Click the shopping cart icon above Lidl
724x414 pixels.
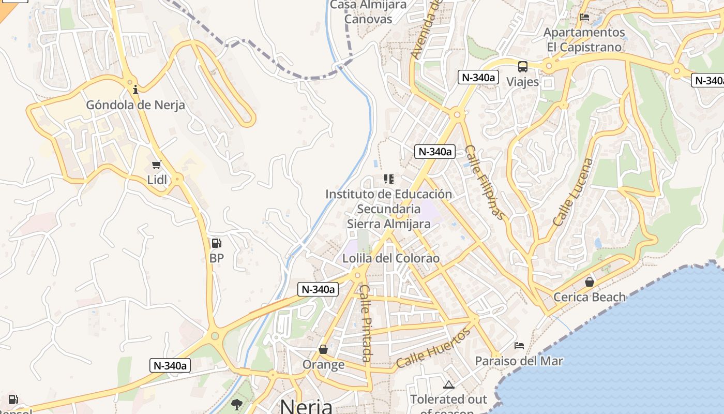157,165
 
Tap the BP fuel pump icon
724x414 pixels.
216,243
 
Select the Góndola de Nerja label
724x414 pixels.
135,105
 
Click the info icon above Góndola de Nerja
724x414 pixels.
135,90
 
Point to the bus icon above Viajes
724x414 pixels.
523,67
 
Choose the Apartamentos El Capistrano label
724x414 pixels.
584,40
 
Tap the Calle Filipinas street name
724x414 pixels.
484,182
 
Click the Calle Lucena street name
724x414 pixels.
574,192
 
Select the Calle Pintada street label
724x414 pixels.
366,323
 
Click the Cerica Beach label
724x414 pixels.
590,297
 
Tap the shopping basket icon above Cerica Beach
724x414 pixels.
589,282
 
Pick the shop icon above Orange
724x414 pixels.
323,350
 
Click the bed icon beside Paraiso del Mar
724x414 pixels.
519,345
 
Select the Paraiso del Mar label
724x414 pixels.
519,361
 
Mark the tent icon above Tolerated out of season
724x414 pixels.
448,385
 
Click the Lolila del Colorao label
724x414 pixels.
391,258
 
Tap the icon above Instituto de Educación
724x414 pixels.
388,179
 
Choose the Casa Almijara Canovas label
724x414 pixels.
368,11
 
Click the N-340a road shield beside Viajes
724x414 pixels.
478,78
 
